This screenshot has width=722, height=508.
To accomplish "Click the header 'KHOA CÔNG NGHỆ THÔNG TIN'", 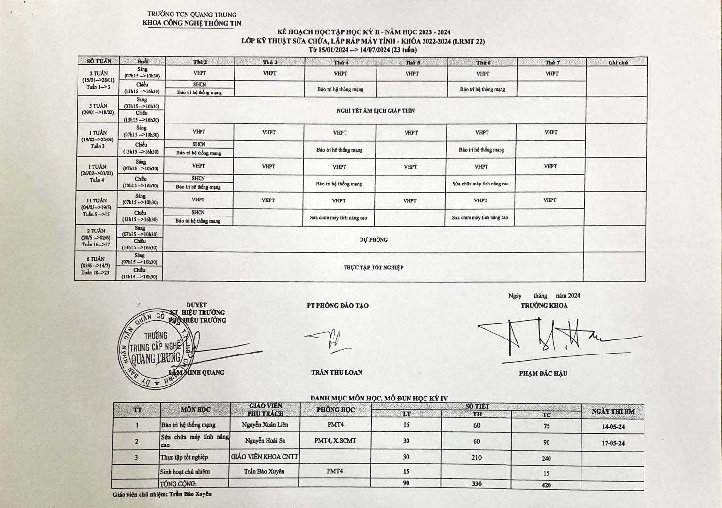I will point(192,23).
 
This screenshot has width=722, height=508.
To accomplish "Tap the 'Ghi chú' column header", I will point(617,62).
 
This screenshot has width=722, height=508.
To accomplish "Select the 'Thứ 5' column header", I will point(412,62).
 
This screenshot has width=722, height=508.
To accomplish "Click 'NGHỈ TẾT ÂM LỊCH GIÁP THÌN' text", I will point(376,111).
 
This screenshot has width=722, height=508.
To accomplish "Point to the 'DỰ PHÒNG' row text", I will point(374,240).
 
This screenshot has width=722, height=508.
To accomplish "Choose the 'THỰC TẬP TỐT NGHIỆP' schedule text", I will point(373,267).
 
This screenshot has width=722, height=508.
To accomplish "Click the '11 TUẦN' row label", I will point(96,200).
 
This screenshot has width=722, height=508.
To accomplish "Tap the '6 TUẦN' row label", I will point(95,259).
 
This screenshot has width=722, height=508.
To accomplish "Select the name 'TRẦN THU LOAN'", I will point(337,372).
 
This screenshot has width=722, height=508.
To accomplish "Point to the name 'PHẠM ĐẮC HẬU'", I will point(543,373).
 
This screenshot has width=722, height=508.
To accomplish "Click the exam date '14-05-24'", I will point(613,427).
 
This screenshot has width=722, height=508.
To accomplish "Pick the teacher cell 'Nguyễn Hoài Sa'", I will point(265,441).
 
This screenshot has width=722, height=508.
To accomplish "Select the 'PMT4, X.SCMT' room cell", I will point(335,441).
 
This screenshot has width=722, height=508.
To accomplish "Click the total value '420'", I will point(546,485).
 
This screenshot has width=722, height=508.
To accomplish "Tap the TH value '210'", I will point(476,457).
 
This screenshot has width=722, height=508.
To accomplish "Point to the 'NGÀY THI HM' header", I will point(613,412).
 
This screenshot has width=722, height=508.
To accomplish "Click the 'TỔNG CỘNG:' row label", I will point(178,484).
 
